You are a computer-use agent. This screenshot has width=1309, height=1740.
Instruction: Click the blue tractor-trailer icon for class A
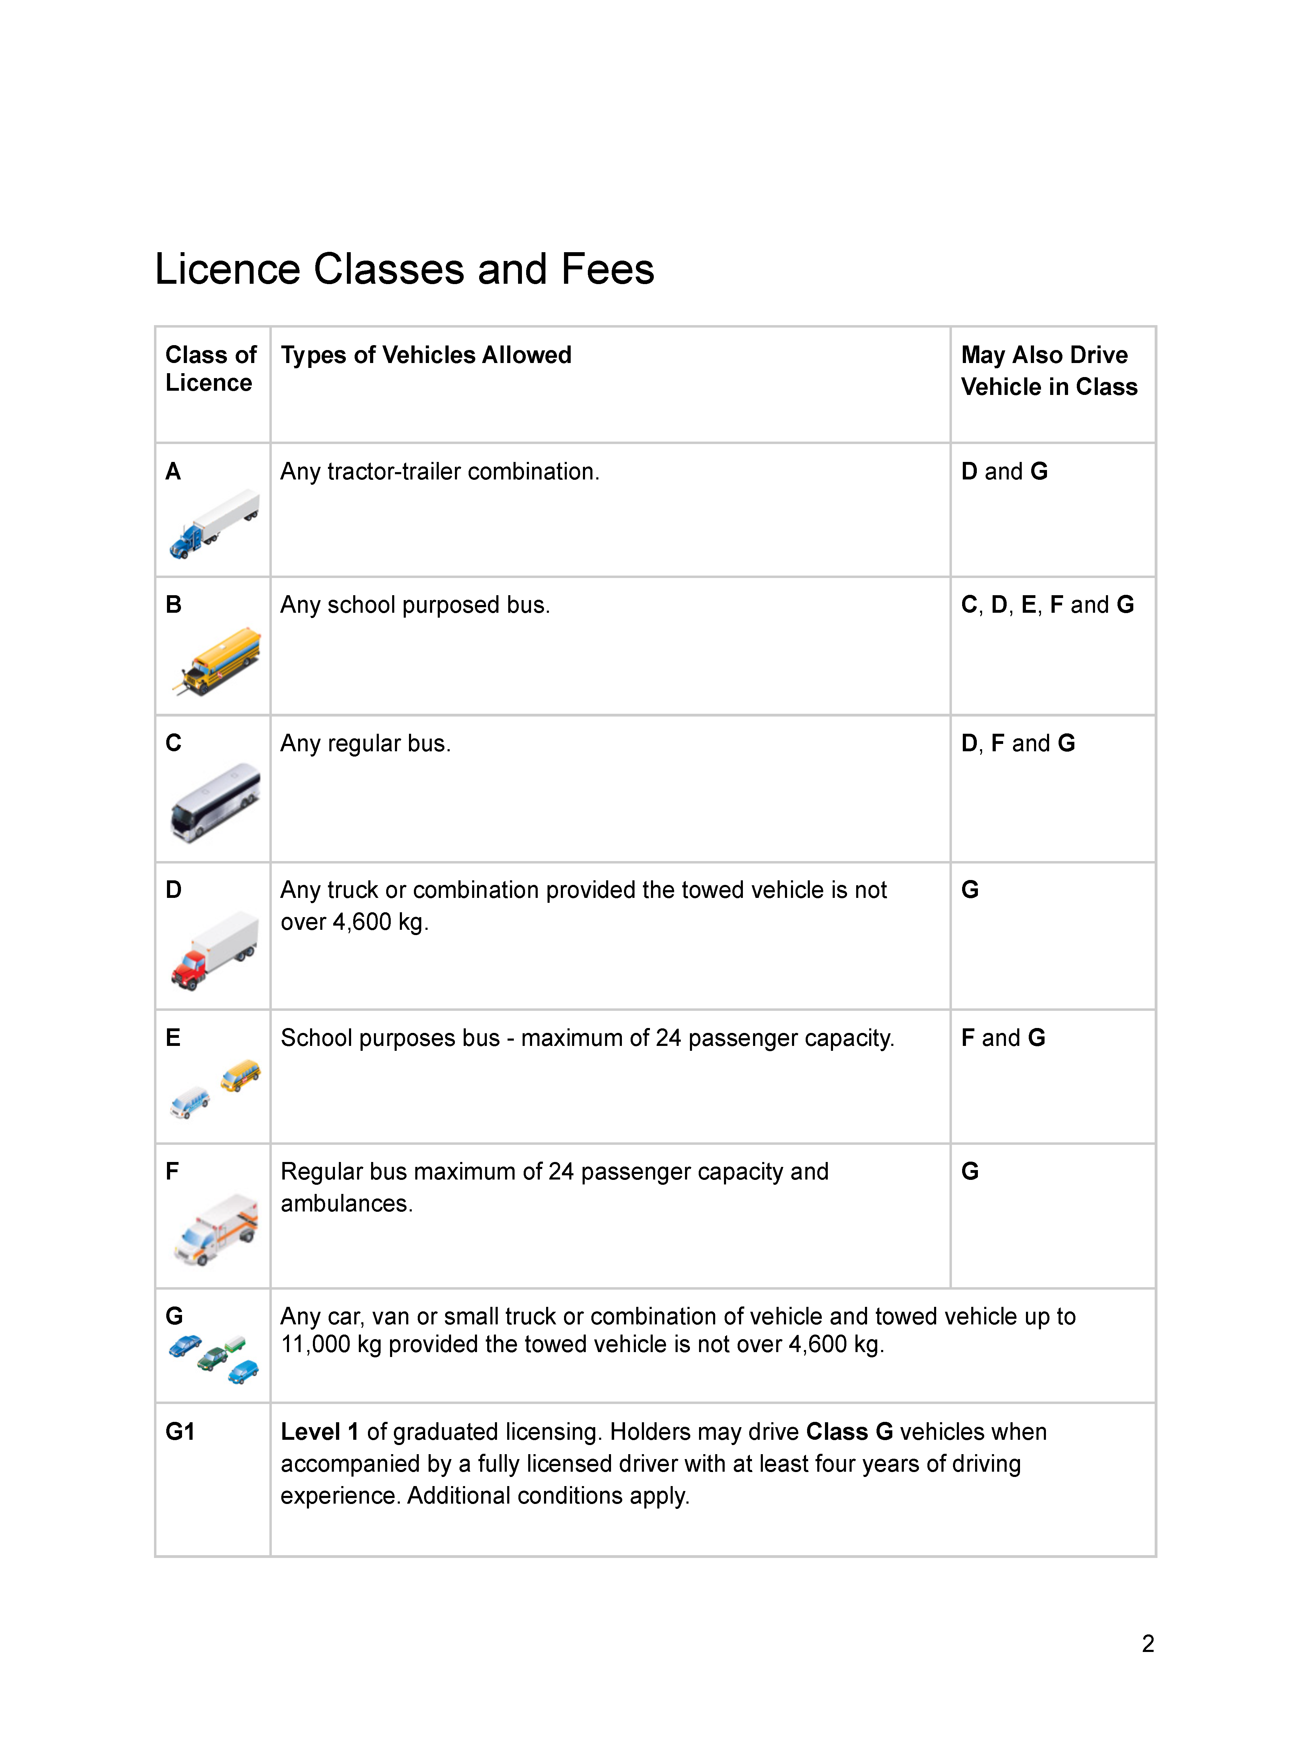214,523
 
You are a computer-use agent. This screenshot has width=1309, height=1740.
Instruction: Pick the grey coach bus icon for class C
216,802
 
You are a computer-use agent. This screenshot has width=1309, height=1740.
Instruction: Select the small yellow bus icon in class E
241,1075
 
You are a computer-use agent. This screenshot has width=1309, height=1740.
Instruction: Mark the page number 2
1148,1643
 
